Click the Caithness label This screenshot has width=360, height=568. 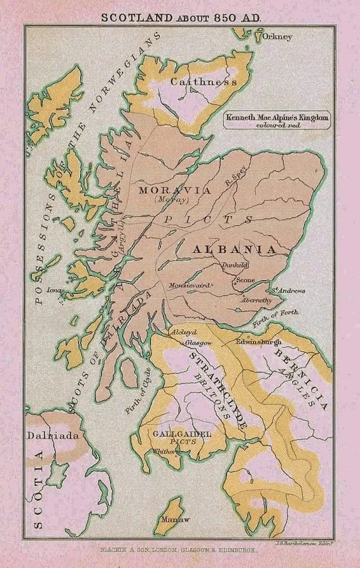pos(203,82)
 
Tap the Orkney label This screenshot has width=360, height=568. pos(277,37)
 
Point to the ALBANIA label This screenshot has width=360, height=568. pos(234,250)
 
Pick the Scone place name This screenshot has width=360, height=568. pos(245,281)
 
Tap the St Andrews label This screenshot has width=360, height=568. pos(287,290)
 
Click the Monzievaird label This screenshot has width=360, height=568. pos(190,285)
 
